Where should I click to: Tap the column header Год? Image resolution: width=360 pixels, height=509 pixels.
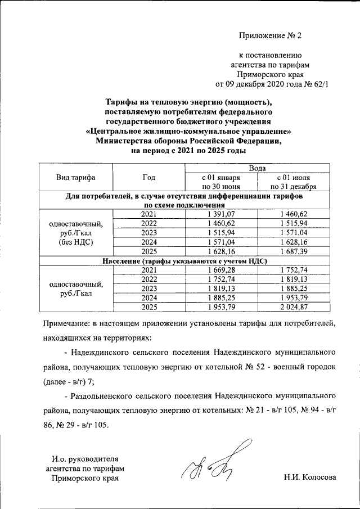click(x=148, y=178)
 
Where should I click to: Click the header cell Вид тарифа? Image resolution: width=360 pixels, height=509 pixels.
click(x=76, y=178)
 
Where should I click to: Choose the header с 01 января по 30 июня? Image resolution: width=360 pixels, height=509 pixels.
click(x=220, y=182)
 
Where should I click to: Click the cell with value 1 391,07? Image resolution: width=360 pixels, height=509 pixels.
click(x=220, y=214)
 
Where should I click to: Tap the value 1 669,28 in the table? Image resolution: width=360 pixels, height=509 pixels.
click(x=220, y=271)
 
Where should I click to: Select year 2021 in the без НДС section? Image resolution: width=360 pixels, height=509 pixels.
click(x=148, y=214)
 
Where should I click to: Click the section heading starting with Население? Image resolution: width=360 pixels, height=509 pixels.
click(x=184, y=261)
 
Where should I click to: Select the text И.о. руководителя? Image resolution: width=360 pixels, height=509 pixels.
click(x=84, y=458)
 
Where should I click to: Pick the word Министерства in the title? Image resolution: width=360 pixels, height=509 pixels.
click(x=125, y=141)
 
